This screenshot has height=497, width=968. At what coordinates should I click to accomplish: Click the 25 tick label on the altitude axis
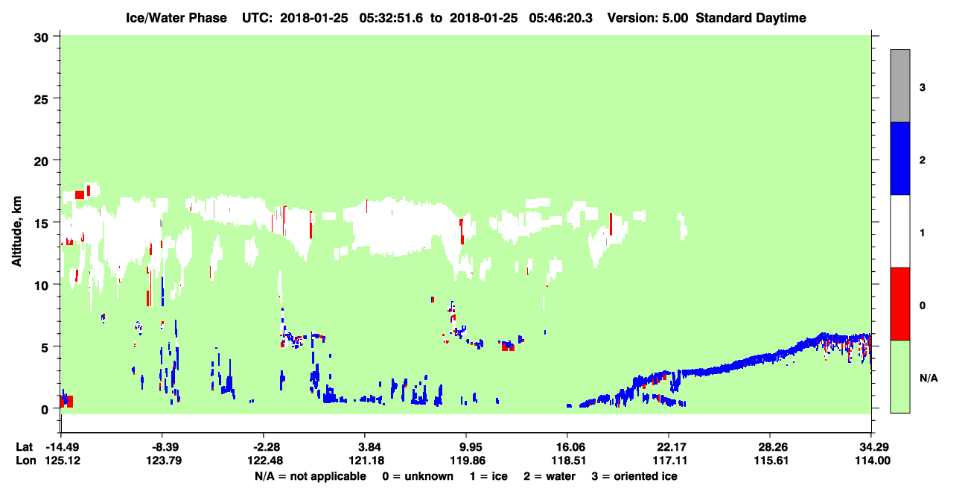41,100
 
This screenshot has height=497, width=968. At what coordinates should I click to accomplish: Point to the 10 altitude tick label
41,285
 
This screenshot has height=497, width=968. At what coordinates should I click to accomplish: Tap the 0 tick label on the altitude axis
45,410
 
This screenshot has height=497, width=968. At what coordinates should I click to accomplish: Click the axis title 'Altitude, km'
16,231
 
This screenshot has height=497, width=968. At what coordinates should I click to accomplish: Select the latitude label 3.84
365,447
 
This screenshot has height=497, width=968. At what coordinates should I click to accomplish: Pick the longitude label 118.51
568,460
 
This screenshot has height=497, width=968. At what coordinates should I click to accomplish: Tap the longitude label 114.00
872,460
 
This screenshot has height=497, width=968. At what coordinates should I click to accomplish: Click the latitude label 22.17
669,447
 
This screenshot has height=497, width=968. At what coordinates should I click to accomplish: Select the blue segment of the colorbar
899,158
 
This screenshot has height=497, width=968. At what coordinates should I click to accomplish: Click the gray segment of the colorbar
899,86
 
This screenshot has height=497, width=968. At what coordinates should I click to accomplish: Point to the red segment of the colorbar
899,304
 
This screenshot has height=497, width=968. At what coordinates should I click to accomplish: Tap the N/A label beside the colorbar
929,379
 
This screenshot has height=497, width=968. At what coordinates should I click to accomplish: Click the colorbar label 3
922,88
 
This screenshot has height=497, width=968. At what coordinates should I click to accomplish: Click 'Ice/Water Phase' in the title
176,18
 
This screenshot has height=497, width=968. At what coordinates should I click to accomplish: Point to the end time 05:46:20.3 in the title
561,18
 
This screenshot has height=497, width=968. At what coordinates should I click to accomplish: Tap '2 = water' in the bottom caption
550,476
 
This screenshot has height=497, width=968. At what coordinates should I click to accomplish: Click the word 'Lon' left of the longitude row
26,460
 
